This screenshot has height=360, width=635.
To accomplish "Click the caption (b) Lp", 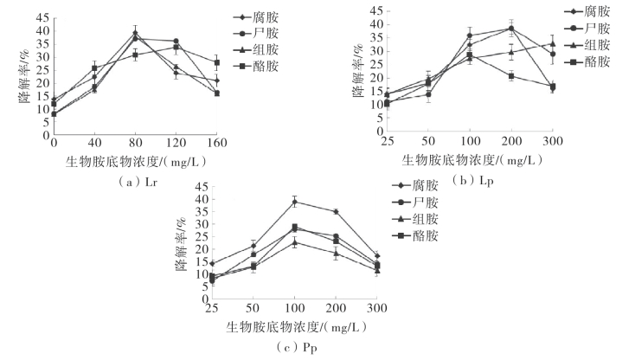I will coord(473,180).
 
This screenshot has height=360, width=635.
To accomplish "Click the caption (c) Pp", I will coord(296,347).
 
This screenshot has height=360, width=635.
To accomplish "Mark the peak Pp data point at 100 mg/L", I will coord(295,202).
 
